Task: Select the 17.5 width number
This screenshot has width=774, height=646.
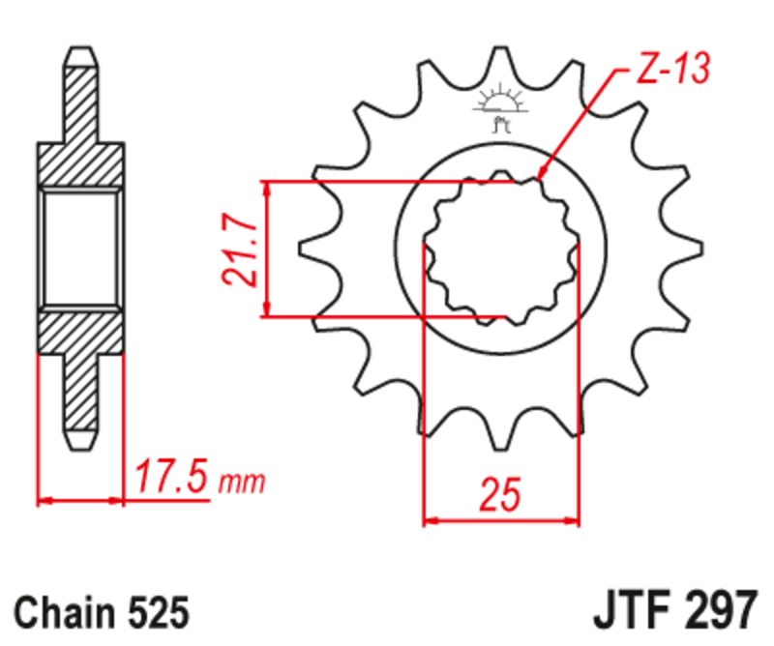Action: (x=173, y=479)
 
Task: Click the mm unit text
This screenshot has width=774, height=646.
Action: (x=242, y=482)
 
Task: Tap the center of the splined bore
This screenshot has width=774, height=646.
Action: (x=501, y=249)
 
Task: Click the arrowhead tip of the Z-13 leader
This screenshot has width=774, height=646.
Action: (x=540, y=180)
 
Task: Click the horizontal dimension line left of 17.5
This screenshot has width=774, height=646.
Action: (x=81, y=501)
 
